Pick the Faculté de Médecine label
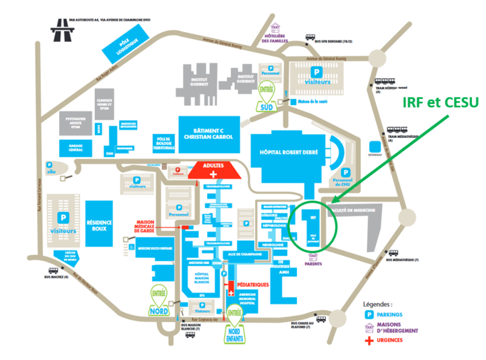tap(352, 210)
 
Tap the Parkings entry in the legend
tap(389, 314)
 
